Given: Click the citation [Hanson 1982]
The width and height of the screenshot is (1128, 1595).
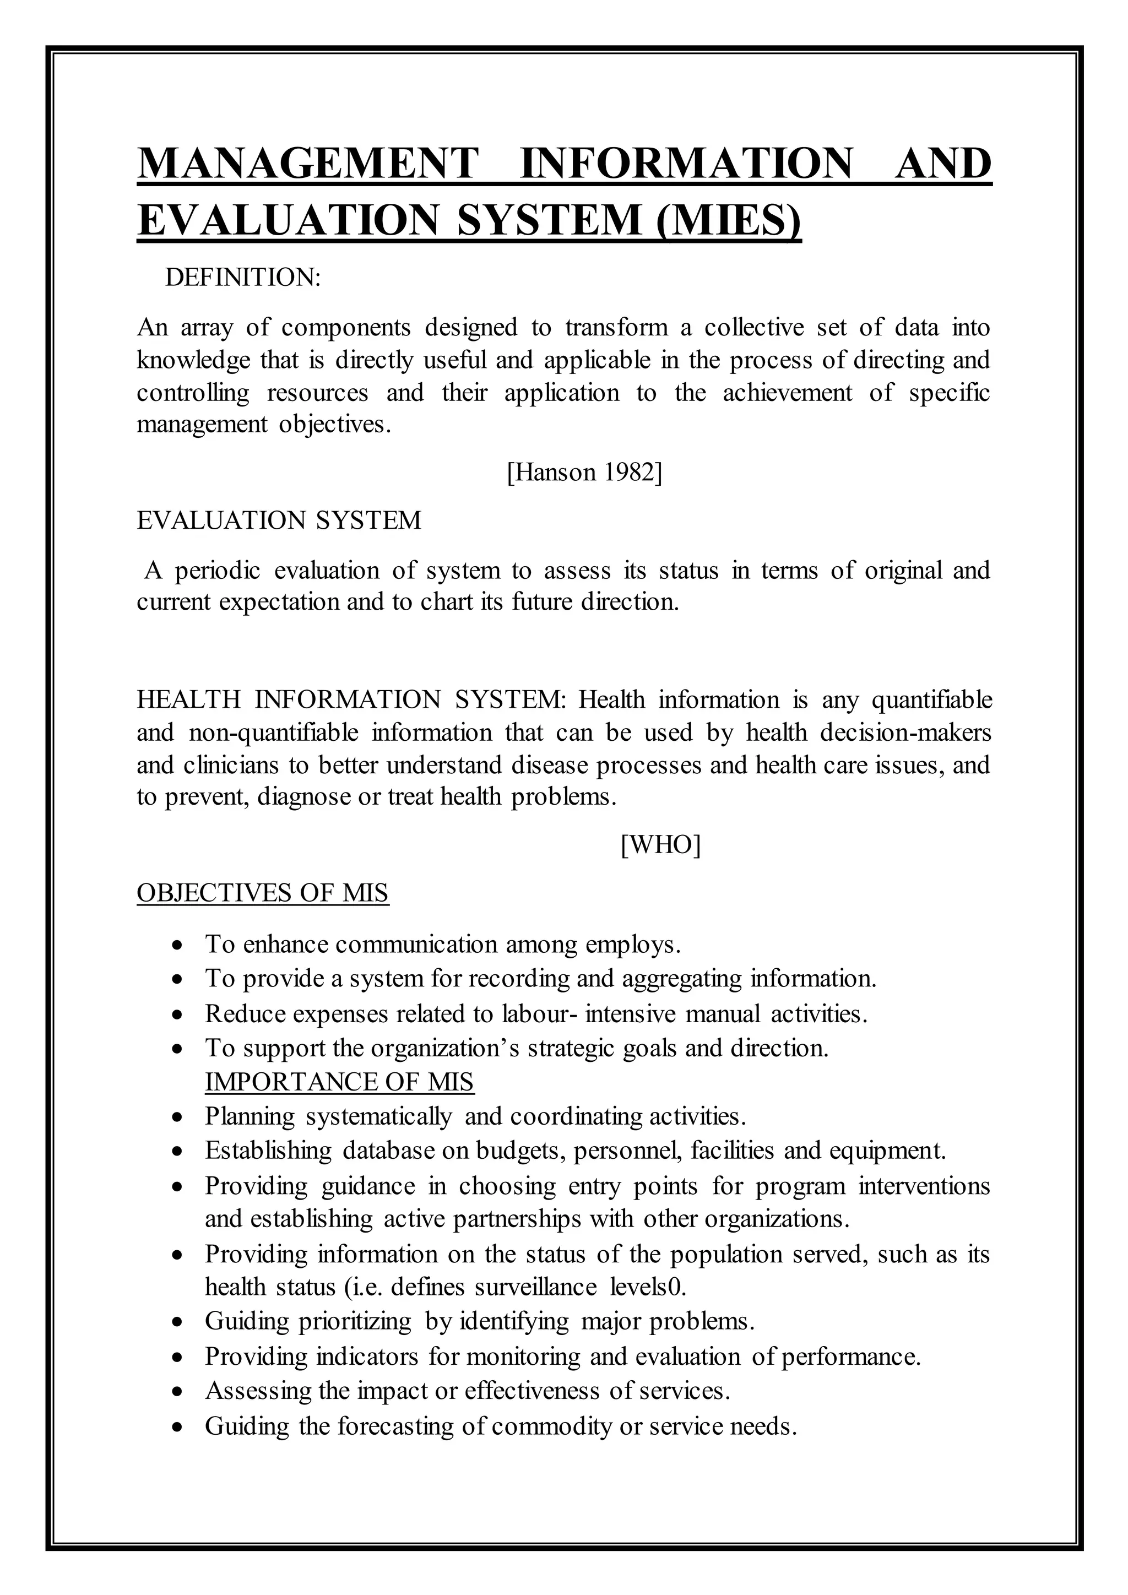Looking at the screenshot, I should pyautogui.click(x=585, y=473).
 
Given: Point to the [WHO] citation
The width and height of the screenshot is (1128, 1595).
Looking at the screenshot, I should pyautogui.click(x=660, y=845).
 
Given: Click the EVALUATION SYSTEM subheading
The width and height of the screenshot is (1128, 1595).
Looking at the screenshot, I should pyautogui.click(x=279, y=520).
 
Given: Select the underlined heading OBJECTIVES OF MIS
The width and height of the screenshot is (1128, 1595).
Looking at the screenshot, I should pyautogui.click(x=263, y=893).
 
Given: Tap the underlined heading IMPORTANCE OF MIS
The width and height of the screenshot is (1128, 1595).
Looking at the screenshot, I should pyautogui.click(x=339, y=1082).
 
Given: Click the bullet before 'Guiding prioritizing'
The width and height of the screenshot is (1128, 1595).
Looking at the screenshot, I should pyautogui.click(x=178, y=1322).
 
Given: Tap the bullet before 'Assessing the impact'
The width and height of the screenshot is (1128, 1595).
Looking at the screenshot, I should pyautogui.click(x=178, y=1391).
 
